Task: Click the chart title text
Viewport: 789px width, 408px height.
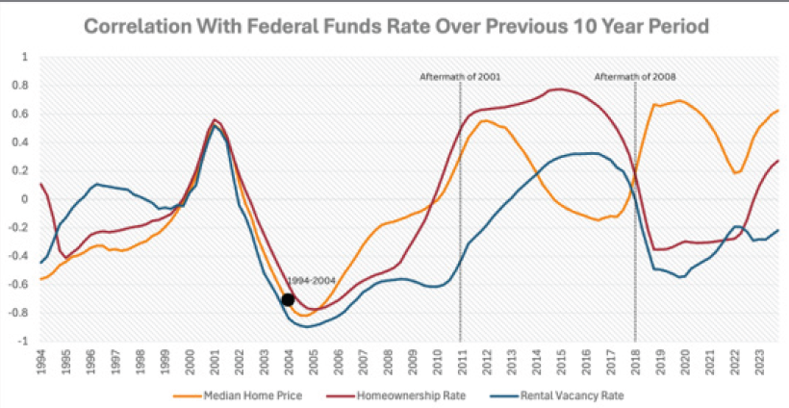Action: tap(395, 26)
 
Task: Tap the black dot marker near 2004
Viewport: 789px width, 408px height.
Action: tap(288, 300)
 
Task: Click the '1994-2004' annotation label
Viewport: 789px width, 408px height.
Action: tap(310, 280)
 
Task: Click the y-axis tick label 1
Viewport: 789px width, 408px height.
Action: tap(26, 57)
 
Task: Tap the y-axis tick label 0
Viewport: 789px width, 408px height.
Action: tap(26, 199)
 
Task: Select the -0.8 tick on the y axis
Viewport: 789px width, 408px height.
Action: tap(21, 313)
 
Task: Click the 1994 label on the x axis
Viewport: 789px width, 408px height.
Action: tap(41, 361)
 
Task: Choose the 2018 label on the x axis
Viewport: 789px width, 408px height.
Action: tap(635, 361)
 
